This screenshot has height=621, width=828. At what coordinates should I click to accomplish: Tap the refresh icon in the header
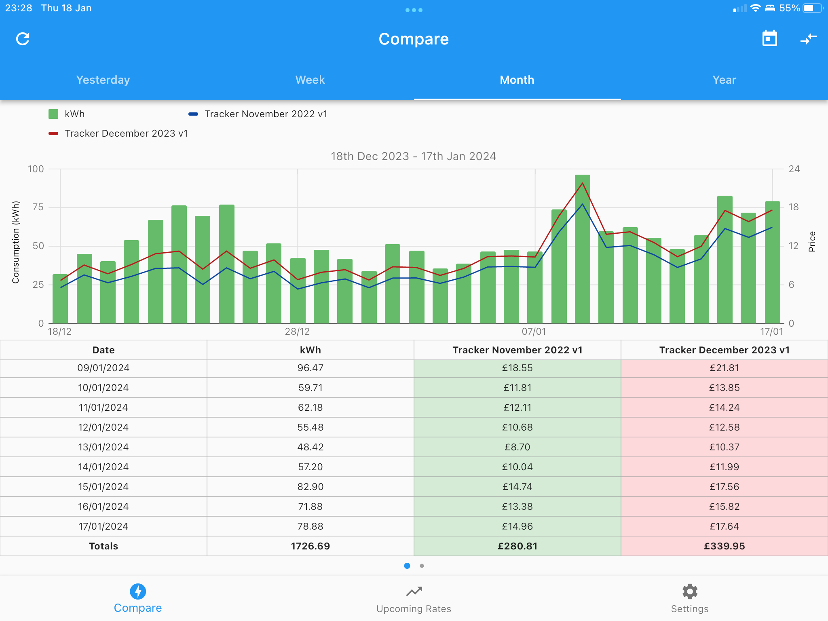(23, 39)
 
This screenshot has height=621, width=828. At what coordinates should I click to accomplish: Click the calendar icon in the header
(769, 38)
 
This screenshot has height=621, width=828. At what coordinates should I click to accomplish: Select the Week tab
(310, 80)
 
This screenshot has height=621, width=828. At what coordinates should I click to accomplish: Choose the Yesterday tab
(103, 80)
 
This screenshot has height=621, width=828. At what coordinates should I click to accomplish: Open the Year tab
(724, 80)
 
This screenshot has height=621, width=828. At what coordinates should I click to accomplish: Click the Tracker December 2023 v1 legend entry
(118, 133)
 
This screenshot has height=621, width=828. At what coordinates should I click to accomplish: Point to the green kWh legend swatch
(53, 114)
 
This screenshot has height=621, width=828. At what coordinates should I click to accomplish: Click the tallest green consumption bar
(583, 249)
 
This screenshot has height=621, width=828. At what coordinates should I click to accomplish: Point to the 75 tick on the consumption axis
(38, 207)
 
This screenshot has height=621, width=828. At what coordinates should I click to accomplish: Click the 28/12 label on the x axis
(297, 332)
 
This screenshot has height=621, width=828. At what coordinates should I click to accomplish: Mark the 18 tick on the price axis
(794, 207)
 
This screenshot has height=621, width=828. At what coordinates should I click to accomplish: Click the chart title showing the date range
(413, 156)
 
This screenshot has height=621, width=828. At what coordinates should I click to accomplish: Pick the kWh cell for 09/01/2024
(310, 368)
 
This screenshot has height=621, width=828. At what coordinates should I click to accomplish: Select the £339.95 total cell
(724, 546)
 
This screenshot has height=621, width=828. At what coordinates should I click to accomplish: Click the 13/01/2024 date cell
(103, 447)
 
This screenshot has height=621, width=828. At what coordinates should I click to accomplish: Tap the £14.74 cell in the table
(517, 487)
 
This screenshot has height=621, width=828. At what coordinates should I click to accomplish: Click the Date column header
(103, 350)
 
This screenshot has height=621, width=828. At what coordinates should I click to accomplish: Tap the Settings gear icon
(690, 591)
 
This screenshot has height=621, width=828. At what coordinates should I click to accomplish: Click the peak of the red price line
(583, 183)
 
